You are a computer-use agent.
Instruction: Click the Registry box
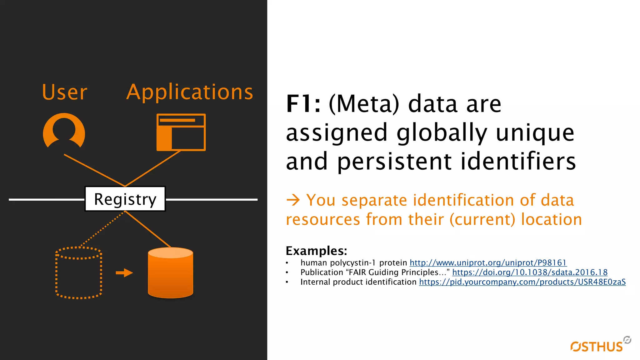(x=125, y=199)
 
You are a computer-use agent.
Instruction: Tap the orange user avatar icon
(x=64, y=131)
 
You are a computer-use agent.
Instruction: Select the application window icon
(x=181, y=132)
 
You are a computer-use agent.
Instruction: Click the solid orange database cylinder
(x=170, y=273)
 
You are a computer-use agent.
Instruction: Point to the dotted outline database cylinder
(x=79, y=273)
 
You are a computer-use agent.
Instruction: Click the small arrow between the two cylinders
(x=124, y=273)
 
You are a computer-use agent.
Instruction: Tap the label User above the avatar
(x=65, y=92)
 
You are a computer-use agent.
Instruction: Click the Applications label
(x=190, y=92)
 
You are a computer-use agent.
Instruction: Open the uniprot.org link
(x=488, y=263)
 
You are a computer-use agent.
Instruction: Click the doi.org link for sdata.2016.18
(x=530, y=272)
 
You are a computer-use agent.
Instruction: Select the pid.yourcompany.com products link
(x=522, y=282)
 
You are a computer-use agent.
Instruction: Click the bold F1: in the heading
(x=303, y=104)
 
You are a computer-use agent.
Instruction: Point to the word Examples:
(x=316, y=251)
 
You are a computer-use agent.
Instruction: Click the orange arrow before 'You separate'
(x=293, y=200)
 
